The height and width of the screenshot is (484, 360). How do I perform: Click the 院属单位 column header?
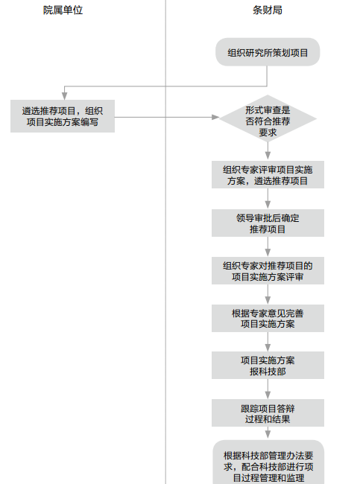[63, 10]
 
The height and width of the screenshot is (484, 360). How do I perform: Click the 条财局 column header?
[268, 10]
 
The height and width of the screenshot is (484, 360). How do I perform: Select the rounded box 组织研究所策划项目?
[268, 52]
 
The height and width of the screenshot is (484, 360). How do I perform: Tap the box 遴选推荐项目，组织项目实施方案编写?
[63, 116]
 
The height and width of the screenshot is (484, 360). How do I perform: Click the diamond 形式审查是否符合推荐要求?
[268, 118]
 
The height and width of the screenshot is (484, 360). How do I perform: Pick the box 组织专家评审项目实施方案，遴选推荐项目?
[268, 175]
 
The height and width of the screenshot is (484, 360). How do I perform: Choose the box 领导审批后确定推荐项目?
[268, 223]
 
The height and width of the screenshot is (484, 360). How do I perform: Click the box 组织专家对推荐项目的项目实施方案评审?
[268, 271]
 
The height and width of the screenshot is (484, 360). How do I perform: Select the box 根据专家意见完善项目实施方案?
[268, 318]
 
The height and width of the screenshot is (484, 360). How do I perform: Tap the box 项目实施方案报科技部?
[268, 365]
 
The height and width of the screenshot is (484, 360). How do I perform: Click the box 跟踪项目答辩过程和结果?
[268, 413]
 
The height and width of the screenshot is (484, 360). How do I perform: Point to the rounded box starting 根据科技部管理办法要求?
[268, 462]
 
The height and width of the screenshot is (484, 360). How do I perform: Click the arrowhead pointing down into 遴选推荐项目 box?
[64, 96]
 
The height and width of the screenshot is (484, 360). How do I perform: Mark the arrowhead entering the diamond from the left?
[215, 118]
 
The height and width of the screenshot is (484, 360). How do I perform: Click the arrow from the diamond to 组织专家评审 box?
[268, 151]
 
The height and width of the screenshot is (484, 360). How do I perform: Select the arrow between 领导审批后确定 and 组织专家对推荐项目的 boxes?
[268, 246]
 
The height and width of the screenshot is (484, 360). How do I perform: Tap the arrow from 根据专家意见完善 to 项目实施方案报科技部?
[268, 342]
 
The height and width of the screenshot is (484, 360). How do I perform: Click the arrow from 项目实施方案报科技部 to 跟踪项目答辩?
[268, 389]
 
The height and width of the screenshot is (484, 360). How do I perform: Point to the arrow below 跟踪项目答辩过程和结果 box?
[268, 433]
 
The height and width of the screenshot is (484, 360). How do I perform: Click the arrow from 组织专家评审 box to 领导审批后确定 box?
[268, 199]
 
